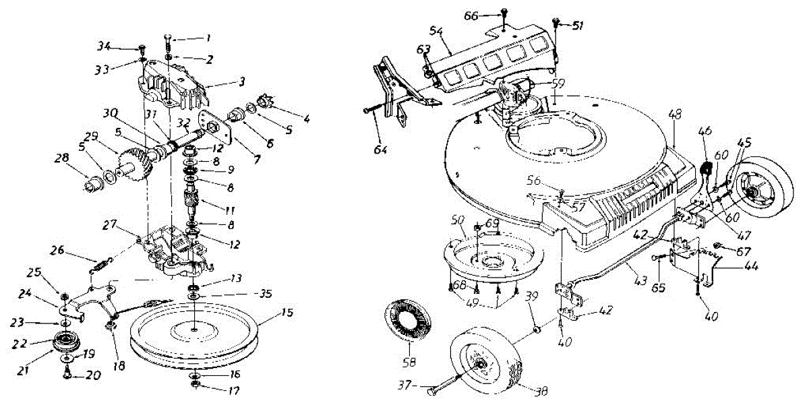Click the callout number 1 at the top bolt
click(208, 37)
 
